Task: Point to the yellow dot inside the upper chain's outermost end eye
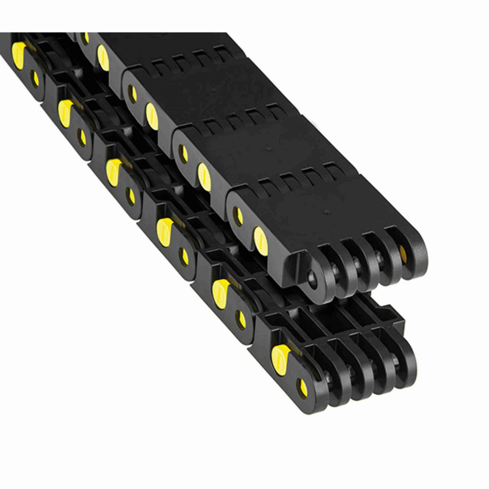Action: [x=403, y=251]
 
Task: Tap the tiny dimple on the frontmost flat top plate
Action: [x=326, y=212]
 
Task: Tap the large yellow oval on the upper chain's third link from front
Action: [x=152, y=116]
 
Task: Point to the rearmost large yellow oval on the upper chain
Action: [x=103, y=57]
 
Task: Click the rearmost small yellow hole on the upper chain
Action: [x=86, y=37]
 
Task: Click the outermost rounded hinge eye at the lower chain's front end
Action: [x=403, y=359]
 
